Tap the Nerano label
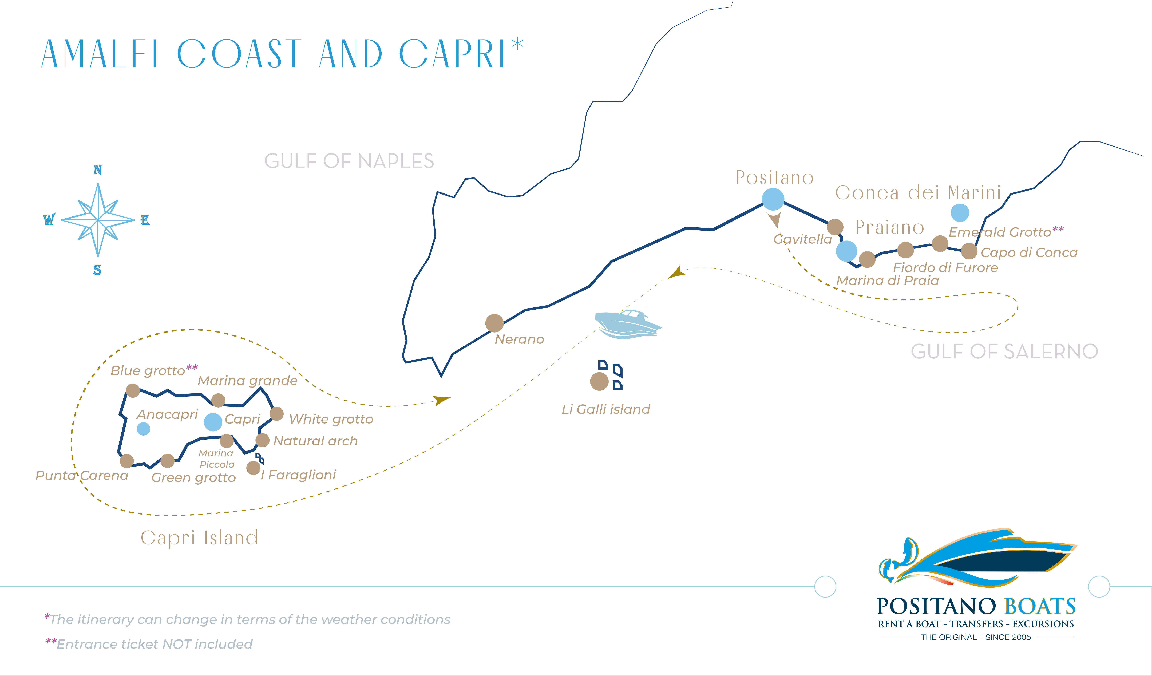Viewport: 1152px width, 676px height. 519,339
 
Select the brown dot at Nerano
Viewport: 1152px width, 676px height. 494,323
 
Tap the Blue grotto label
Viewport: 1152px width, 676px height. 148,371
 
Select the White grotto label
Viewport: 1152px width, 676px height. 331,419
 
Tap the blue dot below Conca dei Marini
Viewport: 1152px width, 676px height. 960,212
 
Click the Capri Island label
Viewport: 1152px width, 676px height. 199,538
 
